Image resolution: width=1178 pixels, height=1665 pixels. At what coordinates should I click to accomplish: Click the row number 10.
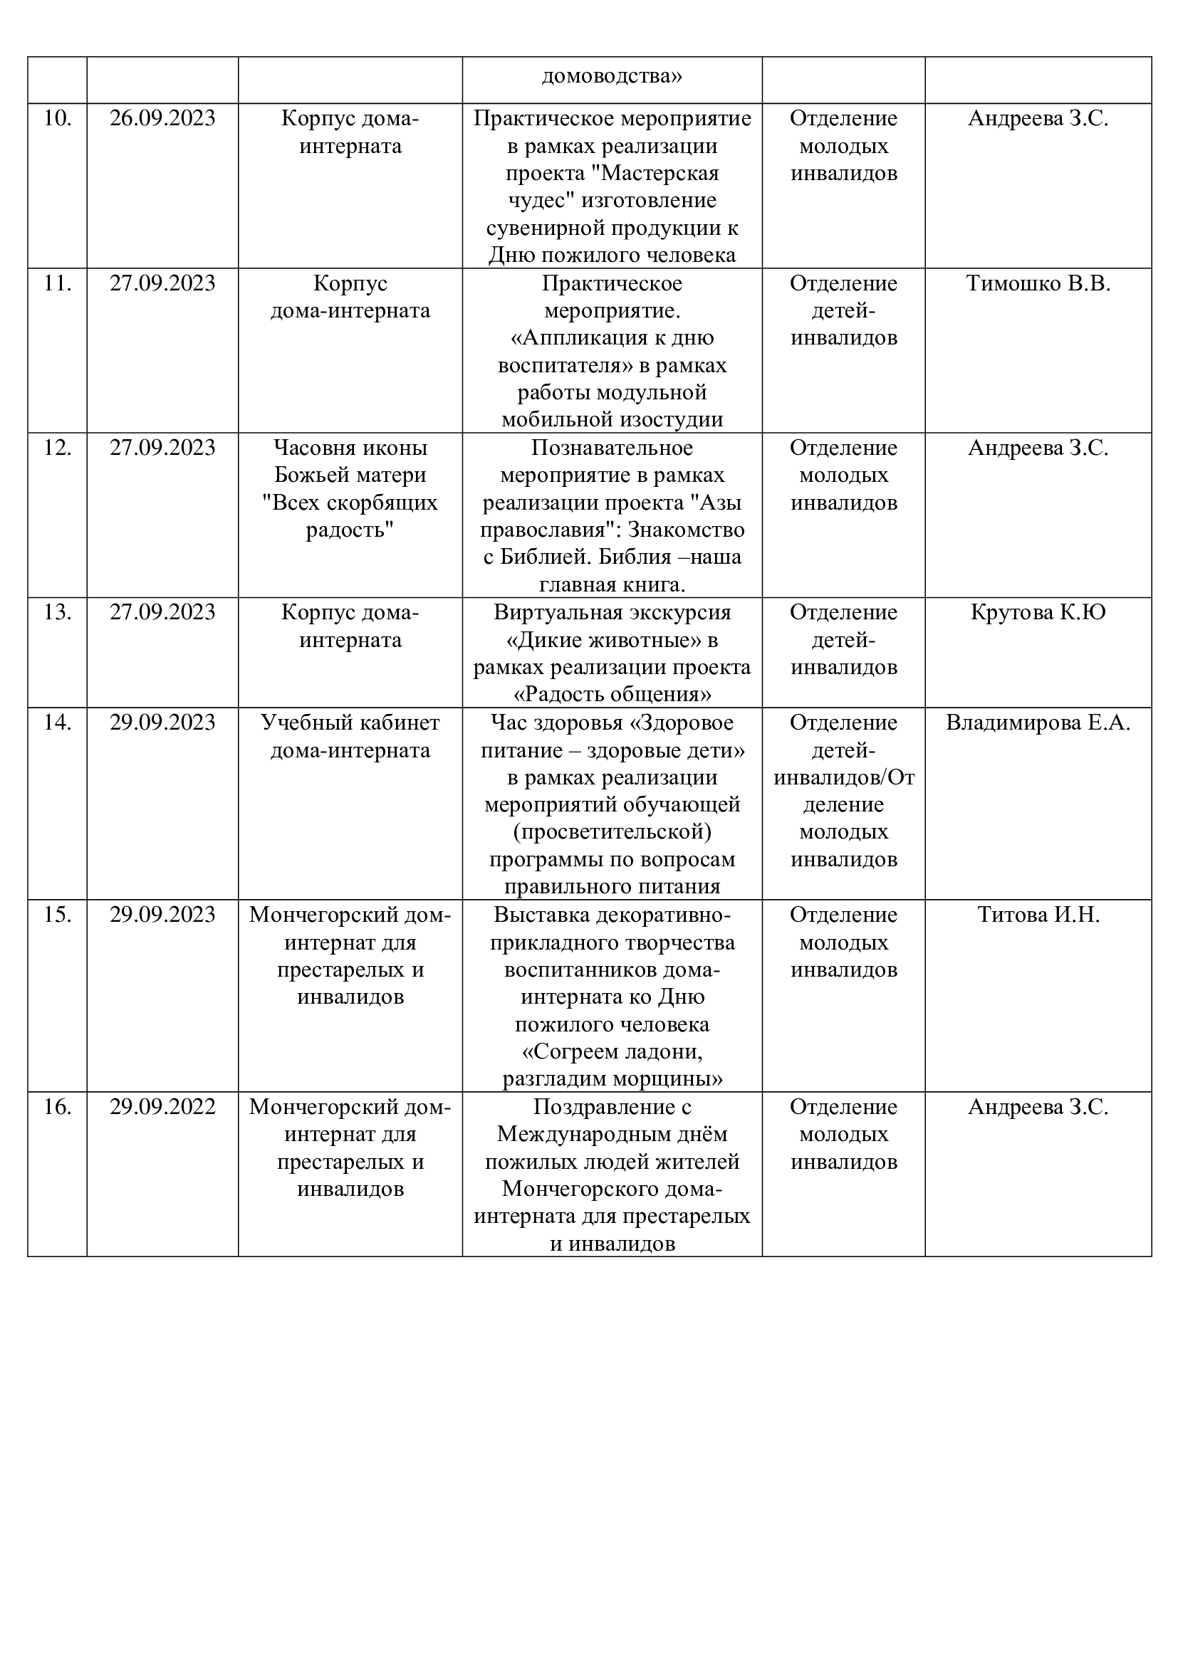(x=57, y=118)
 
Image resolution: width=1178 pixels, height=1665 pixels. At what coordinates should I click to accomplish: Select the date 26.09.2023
(x=162, y=118)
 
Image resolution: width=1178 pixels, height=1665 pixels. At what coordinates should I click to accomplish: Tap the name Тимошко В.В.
(x=1038, y=283)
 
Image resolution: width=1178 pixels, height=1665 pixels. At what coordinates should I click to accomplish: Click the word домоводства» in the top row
(x=613, y=76)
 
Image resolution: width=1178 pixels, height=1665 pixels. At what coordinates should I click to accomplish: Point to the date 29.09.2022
(x=162, y=1108)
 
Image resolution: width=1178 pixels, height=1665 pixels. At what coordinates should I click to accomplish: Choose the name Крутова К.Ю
(x=1038, y=613)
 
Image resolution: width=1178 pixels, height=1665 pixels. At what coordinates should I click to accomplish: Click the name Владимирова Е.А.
(x=1038, y=723)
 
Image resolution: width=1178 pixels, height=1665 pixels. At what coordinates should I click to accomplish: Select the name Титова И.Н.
(x=1038, y=915)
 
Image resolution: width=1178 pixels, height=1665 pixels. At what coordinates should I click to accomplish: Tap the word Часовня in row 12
(x=309, y=448)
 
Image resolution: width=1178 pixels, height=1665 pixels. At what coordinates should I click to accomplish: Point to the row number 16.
(x=57, y=1108)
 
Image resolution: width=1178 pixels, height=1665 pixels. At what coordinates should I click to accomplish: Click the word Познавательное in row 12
(x=613, y=448)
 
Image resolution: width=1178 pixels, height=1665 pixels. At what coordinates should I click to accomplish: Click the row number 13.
(x=57, y=613)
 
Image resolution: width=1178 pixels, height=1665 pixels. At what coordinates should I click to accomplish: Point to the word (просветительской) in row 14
(x=613, y=831)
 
